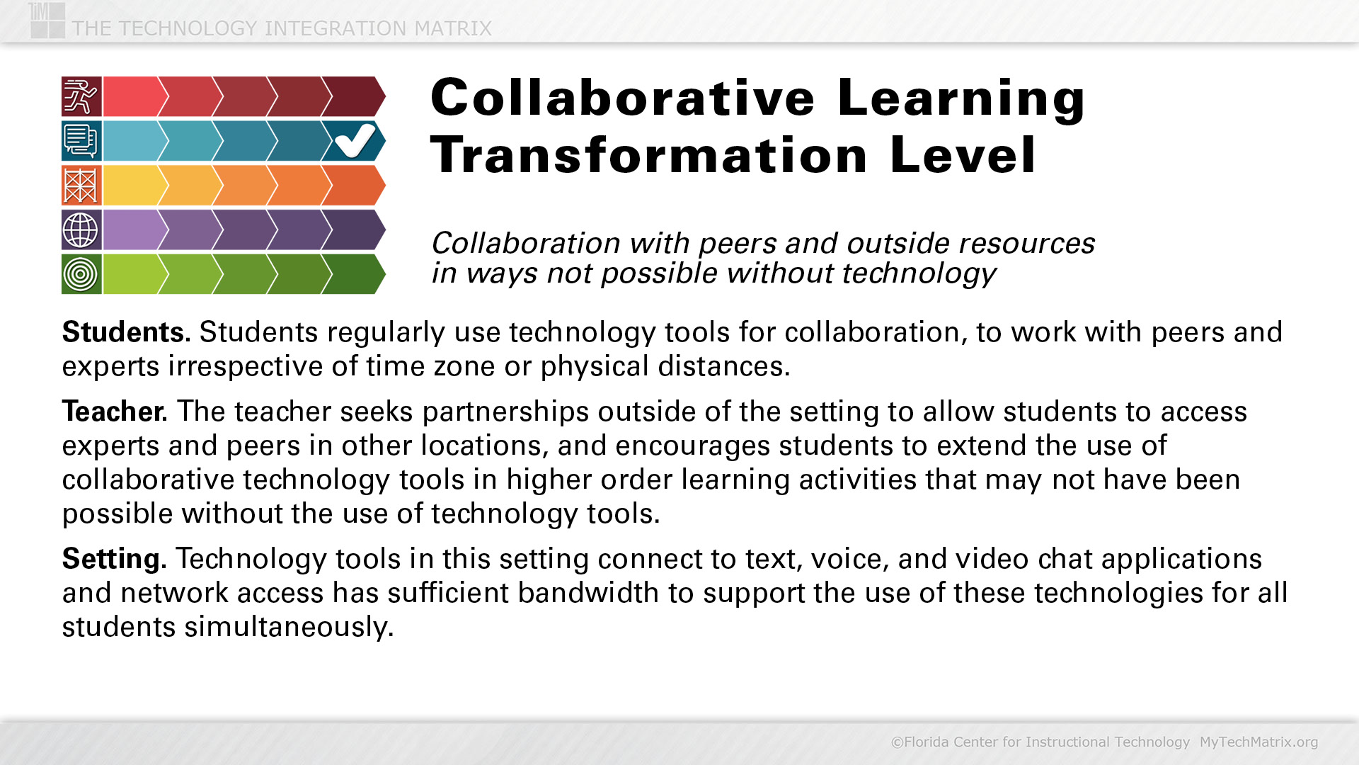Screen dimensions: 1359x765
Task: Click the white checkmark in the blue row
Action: pos(355,140)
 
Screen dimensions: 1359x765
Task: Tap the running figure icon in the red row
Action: pos(81,96)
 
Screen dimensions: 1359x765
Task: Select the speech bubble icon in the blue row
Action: pos(81,141)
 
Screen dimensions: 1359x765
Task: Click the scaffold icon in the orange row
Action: pos(81,186)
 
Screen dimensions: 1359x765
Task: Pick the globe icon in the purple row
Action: pos(81,229)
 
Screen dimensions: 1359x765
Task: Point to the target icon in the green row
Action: pos(81,274)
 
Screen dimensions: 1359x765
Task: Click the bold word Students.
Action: pos(126,332)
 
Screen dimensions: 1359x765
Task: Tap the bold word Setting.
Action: pos(114,560)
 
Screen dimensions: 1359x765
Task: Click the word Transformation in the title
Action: pos(648,155)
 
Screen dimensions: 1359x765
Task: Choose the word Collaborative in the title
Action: pos(623,98)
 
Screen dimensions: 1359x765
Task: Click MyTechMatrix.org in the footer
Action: pos(1258,742)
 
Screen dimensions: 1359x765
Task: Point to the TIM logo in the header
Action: pos(47,20)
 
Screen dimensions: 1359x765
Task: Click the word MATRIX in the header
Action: pos(453,28)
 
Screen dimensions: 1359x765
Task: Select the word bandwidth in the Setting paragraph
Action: pos(588,593)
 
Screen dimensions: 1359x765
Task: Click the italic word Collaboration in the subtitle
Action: pos(526,243)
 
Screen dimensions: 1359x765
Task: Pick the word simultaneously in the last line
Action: pos(289,628)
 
